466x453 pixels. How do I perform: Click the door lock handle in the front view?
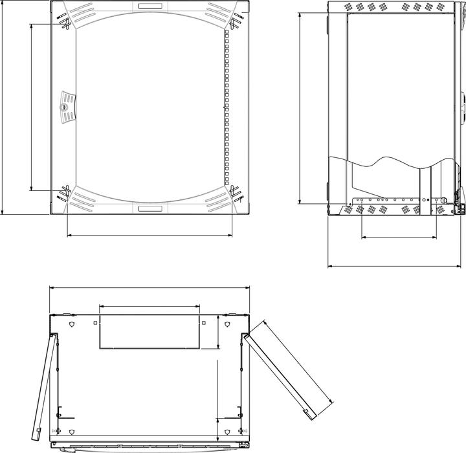pos(67,107)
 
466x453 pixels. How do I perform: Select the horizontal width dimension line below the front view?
pos(150,236)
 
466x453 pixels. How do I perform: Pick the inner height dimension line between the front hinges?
pos(31,107)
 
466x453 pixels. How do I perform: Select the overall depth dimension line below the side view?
pos(395,265)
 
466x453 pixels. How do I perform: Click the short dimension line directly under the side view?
pos(398,238)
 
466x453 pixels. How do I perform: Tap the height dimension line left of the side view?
pos(300,107)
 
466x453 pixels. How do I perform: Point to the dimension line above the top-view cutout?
pos(150,306)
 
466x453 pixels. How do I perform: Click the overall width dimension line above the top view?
pos(150,288)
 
